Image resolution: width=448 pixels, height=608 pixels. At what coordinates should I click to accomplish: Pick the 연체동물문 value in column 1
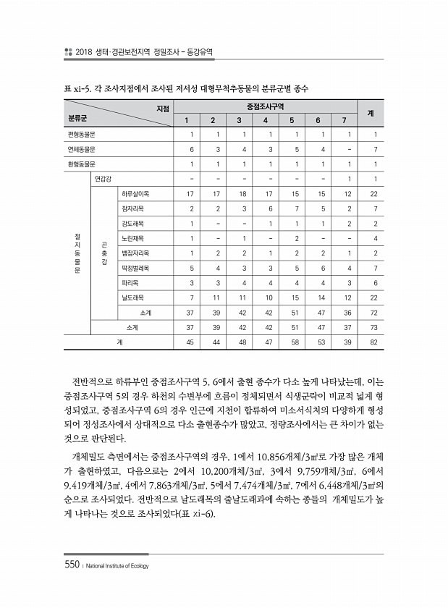click(x=191, y=149)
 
